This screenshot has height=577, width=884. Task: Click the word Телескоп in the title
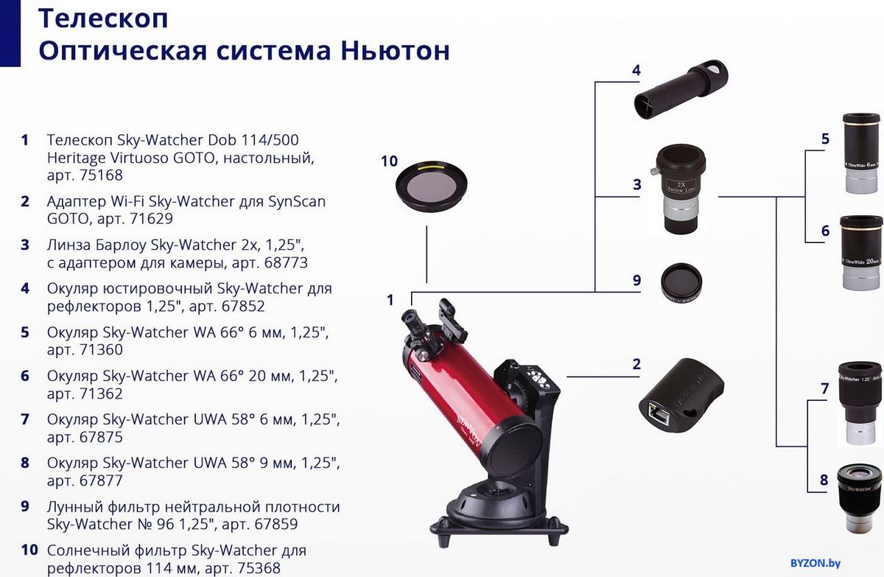(103, 18)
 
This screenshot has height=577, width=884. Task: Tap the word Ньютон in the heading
(395, 51)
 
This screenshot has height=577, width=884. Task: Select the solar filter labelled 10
(432, 186)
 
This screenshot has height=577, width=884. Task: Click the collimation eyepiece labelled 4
(681, 90)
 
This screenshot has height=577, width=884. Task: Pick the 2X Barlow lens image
(678, 189)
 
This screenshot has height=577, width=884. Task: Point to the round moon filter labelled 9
(681, 283)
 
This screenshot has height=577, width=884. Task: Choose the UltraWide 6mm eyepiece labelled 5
(861, 153)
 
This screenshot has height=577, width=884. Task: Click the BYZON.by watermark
(815, 563)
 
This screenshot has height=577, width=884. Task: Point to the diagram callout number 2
(636, 364)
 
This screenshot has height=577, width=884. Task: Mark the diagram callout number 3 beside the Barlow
(637, 184)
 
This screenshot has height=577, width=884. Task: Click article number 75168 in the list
(101, 175)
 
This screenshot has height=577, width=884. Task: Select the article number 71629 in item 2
(151, 219)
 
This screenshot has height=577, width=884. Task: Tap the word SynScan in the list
(297, 202)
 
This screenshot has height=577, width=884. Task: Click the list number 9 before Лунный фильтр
(25, 507)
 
